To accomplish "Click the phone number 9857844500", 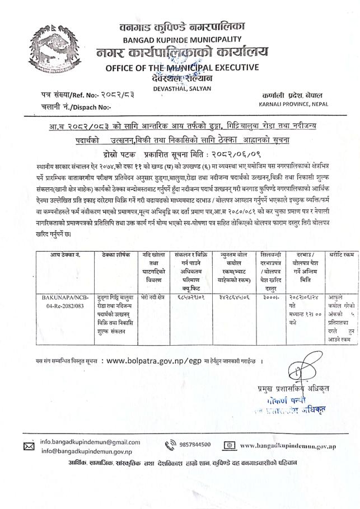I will coord(195,445).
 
